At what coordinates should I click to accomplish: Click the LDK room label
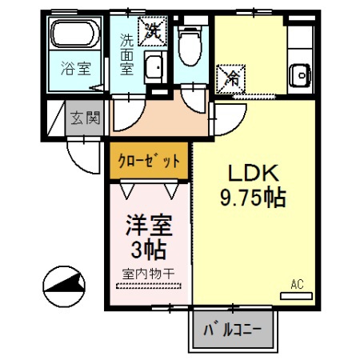(254, 173)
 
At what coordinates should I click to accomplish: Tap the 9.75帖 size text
(254, 196)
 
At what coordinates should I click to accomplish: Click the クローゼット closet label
(150, 160)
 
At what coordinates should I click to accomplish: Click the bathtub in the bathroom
(74, 36)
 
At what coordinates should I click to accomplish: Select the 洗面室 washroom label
(127, 53)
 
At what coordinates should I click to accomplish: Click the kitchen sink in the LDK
(301, 71)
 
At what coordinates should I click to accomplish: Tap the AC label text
(297, 284)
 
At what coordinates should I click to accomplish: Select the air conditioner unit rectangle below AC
(297, 295)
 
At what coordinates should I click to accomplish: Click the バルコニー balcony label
(232, 329)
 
